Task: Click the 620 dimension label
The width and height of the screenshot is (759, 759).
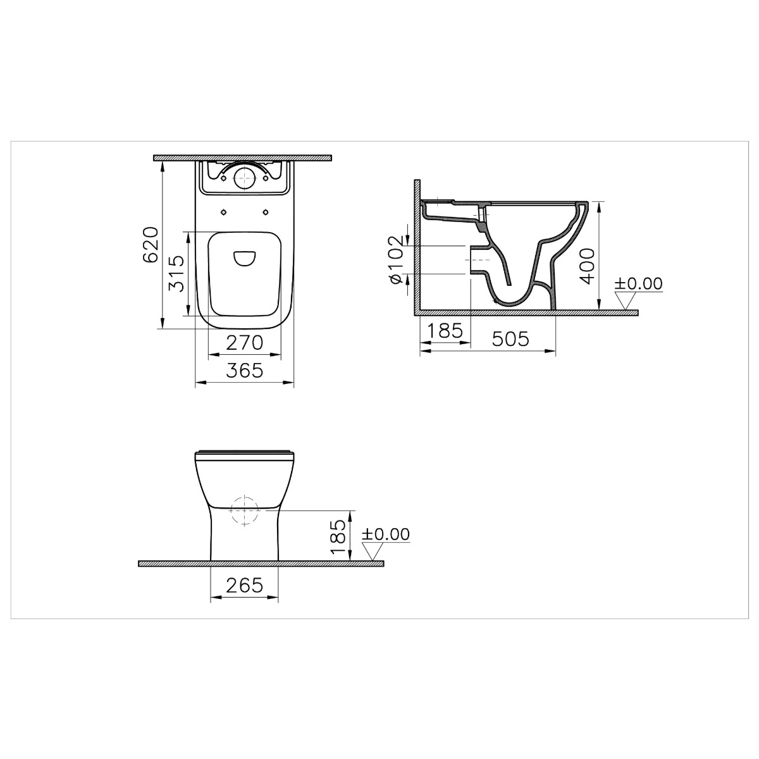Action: [x=151, y=244]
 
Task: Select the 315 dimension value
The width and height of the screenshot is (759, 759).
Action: [x=176, y=273]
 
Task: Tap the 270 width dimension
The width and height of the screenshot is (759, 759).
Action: [x=245, y=342]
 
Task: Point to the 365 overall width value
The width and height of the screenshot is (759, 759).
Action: [x=245, y=370]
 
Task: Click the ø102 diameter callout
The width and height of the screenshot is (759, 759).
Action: [x=396, y=259]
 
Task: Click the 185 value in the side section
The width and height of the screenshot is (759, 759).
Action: [x=445, y=330]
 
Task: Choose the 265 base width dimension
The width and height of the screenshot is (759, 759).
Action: [x=245, y=585]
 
